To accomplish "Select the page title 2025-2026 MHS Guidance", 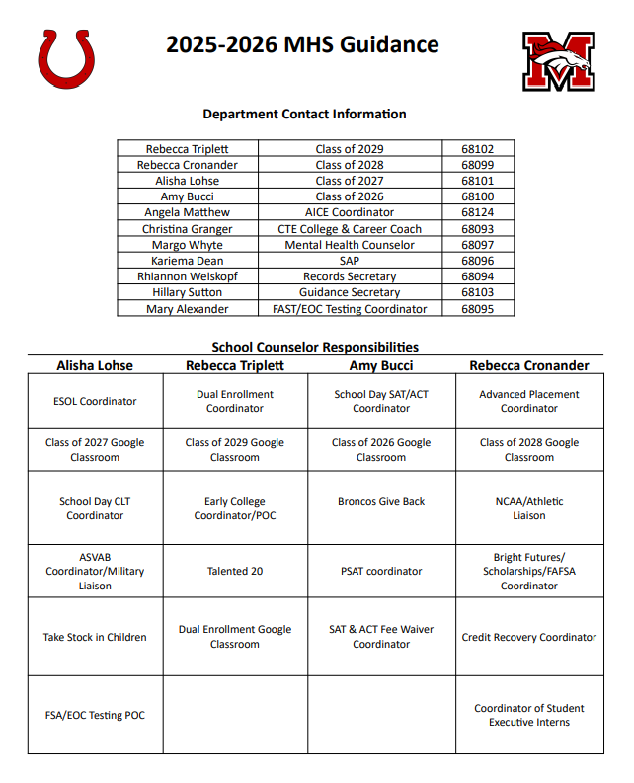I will pos(302,44).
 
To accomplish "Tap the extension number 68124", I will pos(477,212).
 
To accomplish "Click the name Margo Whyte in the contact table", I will pos(188,245).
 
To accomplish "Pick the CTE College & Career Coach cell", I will pos(350,229).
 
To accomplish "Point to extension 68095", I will pos(477,309).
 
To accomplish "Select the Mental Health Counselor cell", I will pos(350,245).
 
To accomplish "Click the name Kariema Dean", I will pos(188,261).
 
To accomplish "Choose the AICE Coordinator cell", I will pos(350,212).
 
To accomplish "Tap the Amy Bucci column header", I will pos(381,365).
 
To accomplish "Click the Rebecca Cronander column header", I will pos(529,365).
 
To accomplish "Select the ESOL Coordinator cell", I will pos(95,401).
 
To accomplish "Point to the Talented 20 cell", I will pos(235,571).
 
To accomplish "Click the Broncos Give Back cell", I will pos(381,501).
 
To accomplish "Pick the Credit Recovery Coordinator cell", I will pos(529,637).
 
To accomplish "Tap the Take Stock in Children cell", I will pos(95,637).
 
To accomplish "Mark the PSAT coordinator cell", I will pos(381,571).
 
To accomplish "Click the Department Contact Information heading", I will pos(304,114).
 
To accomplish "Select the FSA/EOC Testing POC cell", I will pos(95,715).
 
